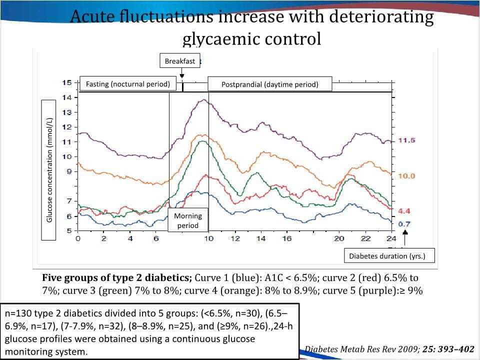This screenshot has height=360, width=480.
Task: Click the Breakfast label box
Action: pos(180,61)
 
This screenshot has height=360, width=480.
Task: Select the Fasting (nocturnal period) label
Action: pos(128,84)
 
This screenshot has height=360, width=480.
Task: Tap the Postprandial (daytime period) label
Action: pos(269,84)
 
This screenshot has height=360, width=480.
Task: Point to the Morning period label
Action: pos(187,220)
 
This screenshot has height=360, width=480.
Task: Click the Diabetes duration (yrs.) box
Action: pos(387,256)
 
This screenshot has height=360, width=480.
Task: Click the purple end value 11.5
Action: pos(406,140)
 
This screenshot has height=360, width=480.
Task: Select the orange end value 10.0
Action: pos(406,176)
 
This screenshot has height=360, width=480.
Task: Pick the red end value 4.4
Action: pos(404,211)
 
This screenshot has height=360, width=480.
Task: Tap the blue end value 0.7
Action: pos(404,224)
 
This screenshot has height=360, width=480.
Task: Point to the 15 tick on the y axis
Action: pos(67,82)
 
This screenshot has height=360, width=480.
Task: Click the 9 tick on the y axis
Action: pos(68,171)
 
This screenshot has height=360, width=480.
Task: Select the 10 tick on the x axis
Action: pos(208,239)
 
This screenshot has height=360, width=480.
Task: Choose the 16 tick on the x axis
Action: pos(286,239)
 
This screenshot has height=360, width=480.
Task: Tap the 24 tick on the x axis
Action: pos(391,239)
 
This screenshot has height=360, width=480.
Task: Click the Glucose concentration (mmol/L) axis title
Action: pos(49,170)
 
